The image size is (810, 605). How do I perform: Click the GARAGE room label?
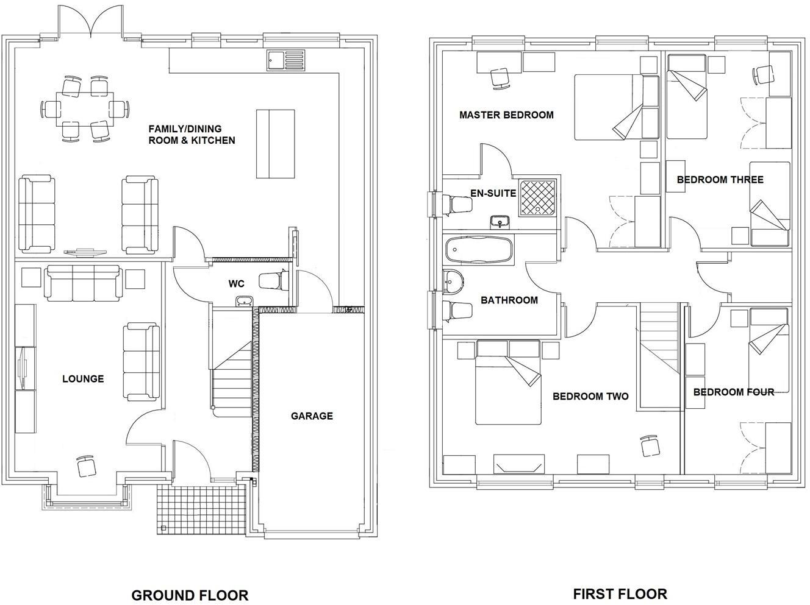click(312, 416)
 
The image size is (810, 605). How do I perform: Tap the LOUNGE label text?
click(83, 379)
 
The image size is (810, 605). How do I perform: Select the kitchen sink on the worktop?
click(285, 59)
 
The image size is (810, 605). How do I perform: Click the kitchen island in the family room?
click(275, 144)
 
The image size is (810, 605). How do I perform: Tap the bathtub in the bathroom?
click(479, 250)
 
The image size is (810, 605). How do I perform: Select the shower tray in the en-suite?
click(538, 198)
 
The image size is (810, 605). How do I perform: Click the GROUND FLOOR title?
click(190, 595)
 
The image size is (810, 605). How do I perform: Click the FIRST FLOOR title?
click(620, 593)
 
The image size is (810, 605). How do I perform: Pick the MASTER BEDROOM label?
click(506, 115)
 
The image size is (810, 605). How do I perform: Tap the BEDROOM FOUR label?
click(733, 392)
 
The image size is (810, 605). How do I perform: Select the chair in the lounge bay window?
click(87, 467)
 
